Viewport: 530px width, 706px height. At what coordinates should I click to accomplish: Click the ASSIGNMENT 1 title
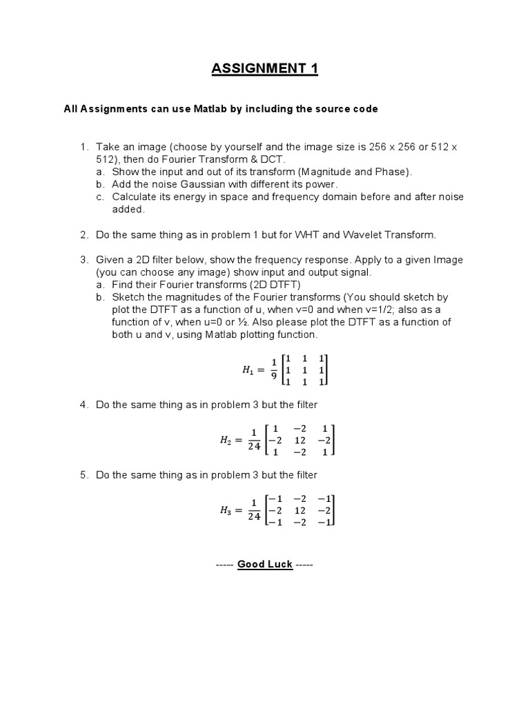coord(265,69)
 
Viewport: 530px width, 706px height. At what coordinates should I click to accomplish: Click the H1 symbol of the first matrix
coord(247,370)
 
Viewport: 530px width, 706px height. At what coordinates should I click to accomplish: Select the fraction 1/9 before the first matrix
coord(273,370)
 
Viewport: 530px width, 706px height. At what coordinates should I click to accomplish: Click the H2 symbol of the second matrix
coord(227,439)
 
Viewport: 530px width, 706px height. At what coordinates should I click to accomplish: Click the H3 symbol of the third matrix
coord(227,510)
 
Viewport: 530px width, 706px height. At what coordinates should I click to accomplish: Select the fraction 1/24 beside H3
coord(253,510)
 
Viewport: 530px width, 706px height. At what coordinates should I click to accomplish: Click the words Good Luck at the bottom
coord(265,564)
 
